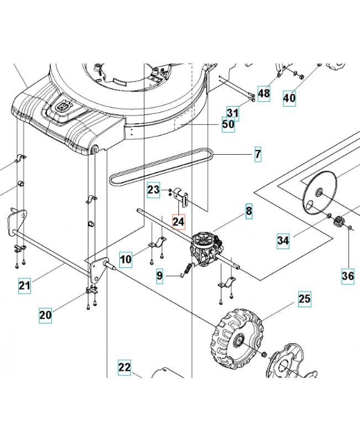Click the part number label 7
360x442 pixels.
(258, 154)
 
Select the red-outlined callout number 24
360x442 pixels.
(178, 222)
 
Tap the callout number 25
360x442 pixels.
(305, 299)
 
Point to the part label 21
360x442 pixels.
(24, 285)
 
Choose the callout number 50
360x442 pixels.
(228, 125)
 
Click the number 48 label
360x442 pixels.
(264, 93)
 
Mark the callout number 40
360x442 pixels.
(289, 98)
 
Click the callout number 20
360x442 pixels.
(45, 315)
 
